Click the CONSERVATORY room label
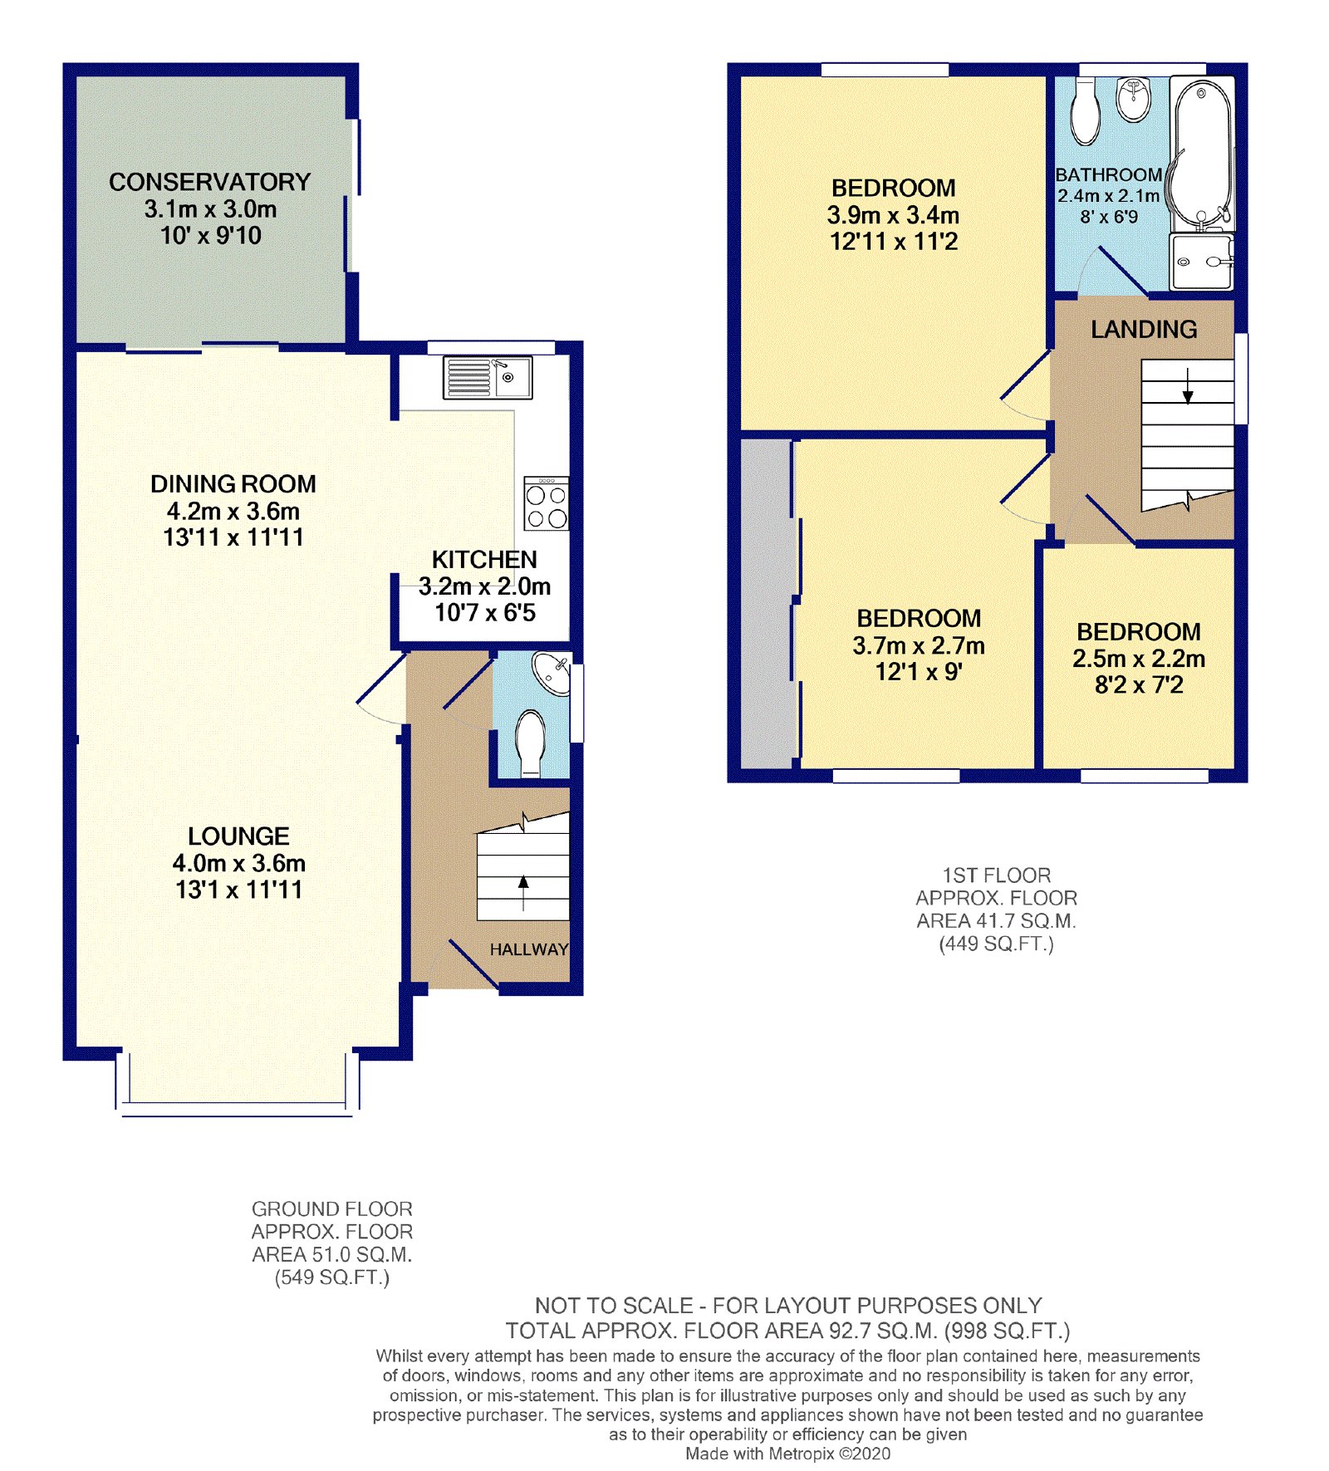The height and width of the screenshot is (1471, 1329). click(x=209, y=182)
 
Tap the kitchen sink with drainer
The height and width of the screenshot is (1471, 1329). click(x=488, y=377)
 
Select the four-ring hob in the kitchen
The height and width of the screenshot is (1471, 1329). click(x=547, y=503)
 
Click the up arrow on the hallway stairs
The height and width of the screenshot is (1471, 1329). click(x=523, y=893)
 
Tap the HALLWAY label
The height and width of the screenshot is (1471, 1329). click(x=529, y=949)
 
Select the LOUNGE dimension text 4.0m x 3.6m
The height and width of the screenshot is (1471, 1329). click(x=239, y=863)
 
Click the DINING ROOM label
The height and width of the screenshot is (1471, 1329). click(x=233, y=484)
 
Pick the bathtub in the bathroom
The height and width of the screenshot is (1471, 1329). click(x=1201, y=154)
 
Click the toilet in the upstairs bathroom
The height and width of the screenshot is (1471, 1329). click(x=1085, y=112)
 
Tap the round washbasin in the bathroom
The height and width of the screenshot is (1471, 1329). click(x=1134, y=99)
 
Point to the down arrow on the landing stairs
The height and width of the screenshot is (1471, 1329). click(x=1188, y=385)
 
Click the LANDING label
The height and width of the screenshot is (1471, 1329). click(x=1144, y=330)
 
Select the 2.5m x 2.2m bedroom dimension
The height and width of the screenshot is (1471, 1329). click(x=1139, y=659)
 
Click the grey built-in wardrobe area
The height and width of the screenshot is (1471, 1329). click(x=766, y=604)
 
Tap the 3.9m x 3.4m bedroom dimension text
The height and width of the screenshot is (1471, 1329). click(x=893, y=215)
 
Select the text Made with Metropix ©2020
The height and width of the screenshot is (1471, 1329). click(x=787, y=1454)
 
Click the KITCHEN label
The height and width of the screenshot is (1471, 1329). click(x=484, y=560)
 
